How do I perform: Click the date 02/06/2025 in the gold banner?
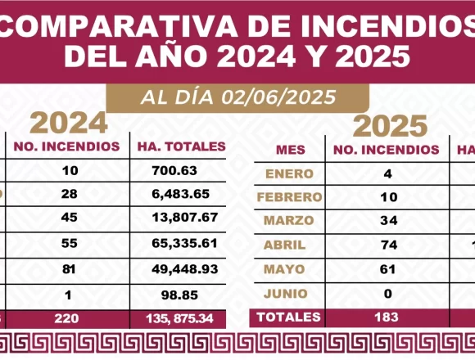pyautogui.click(x=278, y=97)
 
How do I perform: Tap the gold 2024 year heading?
pyautogui.click(x=69, y=123)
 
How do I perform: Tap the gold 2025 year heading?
pyautogui.click(x=390, y=126)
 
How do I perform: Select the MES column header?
pyautogui.click(x=291, y=150)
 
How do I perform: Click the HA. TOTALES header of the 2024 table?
pyautogui.click(x=182, y=146)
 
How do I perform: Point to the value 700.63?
pyautogui.click(x=174, y=171)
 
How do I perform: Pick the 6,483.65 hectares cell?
pyautogui.click(x=180, y=194)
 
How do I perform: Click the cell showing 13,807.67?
pyautogui.click(x=185, y=218)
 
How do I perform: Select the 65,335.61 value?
pyautogui.click(x=184, y=243)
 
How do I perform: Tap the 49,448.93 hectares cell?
pyautogui.click(x=185, y=269)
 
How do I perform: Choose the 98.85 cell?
pyautogui.click(x=179, y=295)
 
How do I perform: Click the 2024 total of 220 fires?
pyautogui.click(x=66, y=318)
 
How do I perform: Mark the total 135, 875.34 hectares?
pyautogui.click(x=179, y=318)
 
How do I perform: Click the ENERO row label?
pyautogui.click(x=289, y=174)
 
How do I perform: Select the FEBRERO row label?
pyautogui.click(x=289, y=197)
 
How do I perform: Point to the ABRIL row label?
pyautogui.click(x=284, y=245)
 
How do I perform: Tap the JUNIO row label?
pyautogui.click(x=285, y=294)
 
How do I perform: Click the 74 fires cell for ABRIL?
pyautogui.click(x=388, y=245)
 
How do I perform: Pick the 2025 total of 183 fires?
pyautogui.click(x=387, y=317)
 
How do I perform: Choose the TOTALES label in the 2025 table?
pyautogui.click(x=288, y=317)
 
